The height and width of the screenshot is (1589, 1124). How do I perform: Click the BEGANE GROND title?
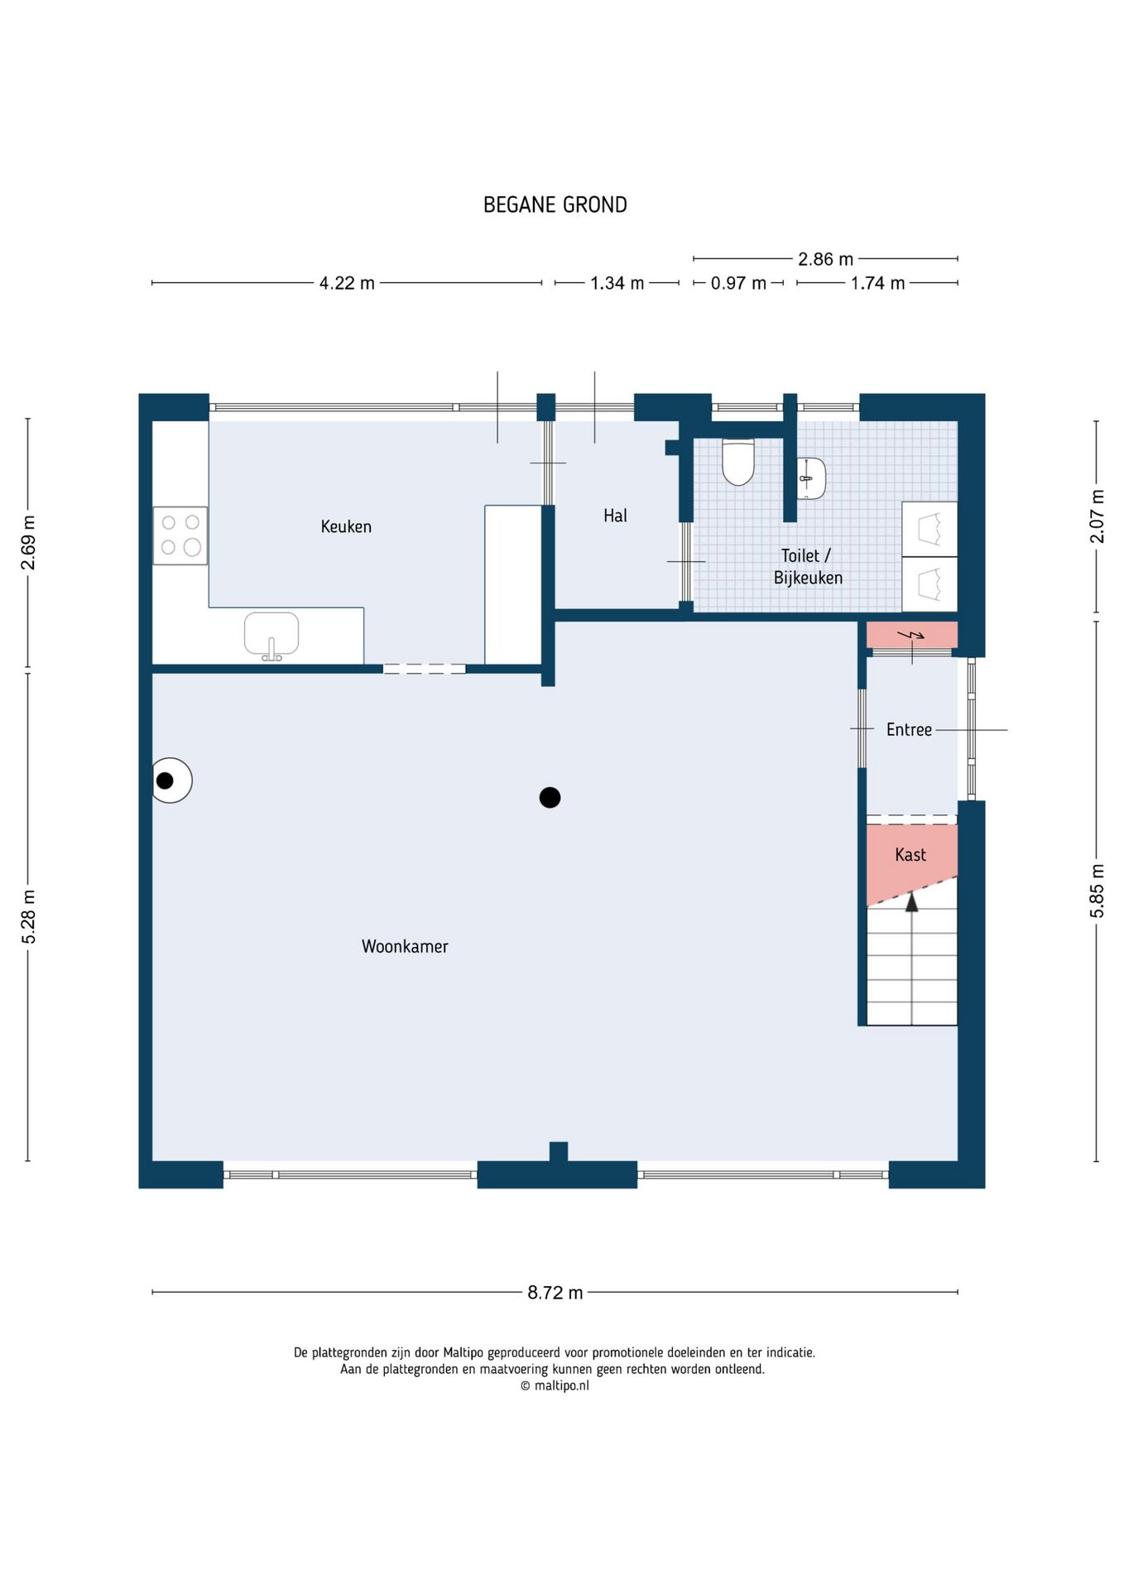(x=555, y=204)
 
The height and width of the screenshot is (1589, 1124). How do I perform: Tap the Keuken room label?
(x=346, y=526)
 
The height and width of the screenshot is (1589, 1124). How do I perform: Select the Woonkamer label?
(x=405, y=946)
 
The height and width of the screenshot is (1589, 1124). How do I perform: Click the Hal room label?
(x=615, y=516)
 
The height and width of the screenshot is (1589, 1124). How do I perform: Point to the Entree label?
(x=909, y=729)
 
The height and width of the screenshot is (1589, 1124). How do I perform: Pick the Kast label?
(x=910, y=854)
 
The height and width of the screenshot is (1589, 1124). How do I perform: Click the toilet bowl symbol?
(x=738, y=462)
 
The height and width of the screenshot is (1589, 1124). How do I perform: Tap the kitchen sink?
(x=271, y=636)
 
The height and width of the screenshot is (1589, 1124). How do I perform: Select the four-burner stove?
(x=180, y=535)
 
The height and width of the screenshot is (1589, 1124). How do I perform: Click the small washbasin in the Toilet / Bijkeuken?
(x=811, y=478)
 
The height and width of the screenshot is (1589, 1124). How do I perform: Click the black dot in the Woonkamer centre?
(x=550, y=798)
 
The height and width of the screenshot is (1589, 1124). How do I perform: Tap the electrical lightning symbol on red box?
(x=911, y=636)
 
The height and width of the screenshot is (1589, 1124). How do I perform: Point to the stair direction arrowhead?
(x=912, y=901)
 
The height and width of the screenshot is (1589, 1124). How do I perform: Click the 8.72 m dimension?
(x=555, y=1293)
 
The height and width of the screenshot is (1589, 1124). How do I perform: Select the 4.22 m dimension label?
(x=347, y=283)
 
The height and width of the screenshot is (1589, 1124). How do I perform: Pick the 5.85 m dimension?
(x=1097, y=891)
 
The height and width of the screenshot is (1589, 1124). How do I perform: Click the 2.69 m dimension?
(x=28, y=543)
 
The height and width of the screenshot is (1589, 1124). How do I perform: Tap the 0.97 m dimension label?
(x=738, y=283)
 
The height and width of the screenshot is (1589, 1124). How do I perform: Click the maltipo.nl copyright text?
(x=555, y=1385)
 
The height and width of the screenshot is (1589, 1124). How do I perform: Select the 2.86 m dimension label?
(x=825, y=259)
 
